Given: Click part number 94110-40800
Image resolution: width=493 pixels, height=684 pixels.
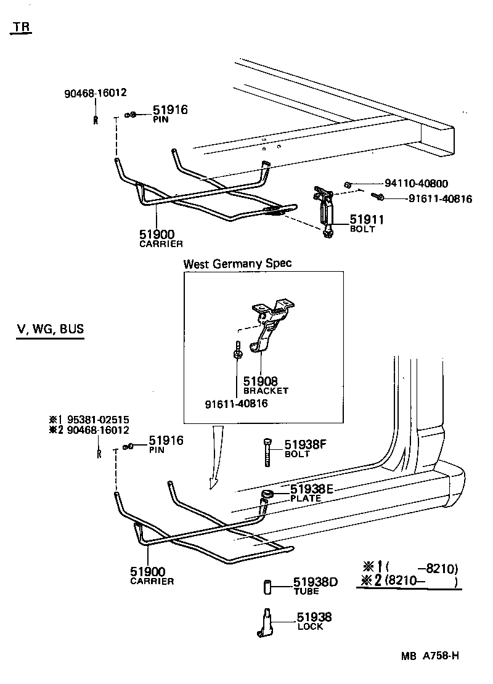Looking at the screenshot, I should [416, 183].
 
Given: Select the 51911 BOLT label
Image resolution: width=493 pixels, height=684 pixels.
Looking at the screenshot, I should [367, 222].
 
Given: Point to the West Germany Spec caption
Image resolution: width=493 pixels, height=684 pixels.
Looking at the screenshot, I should [237, 263].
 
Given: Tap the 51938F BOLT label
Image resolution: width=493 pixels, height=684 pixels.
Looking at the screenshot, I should [304, 447].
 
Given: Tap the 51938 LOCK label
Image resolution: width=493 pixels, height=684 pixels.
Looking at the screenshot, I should [314, 621].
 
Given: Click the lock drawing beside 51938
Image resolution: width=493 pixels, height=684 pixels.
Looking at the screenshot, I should [264, 622].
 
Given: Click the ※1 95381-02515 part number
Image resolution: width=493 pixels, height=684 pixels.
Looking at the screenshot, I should [89, 420].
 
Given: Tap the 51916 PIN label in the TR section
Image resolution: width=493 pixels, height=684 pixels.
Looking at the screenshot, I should [169, 113].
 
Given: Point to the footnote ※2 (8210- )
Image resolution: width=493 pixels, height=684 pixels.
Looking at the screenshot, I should [410, 580].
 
